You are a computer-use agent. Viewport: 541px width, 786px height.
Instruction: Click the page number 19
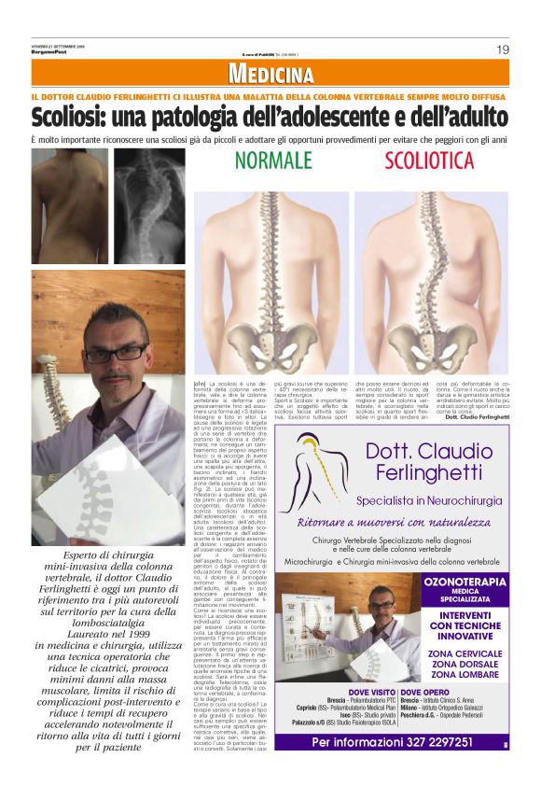coord(503,49)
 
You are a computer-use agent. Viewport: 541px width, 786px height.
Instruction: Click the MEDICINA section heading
coord(270,75)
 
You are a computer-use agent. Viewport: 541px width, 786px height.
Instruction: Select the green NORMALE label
coord(273,161)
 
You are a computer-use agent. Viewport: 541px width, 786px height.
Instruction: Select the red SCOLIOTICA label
coord(430,161)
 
